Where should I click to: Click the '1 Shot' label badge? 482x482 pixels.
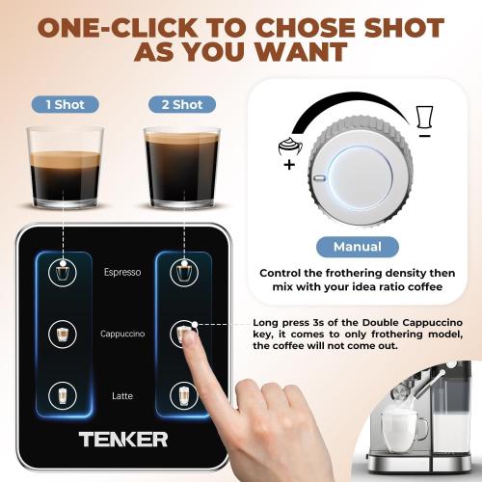pyautogui.click(x=65, y=103)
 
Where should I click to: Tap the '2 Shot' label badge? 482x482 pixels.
pyautogui.click(x=180, y=103)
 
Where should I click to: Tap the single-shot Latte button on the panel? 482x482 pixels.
pyautogui.click(x=65, y=395)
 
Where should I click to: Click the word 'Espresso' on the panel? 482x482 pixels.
pyautogui.click(x=122, y=272)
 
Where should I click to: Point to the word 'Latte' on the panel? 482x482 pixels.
pyautogui.click(x=122, y=395)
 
